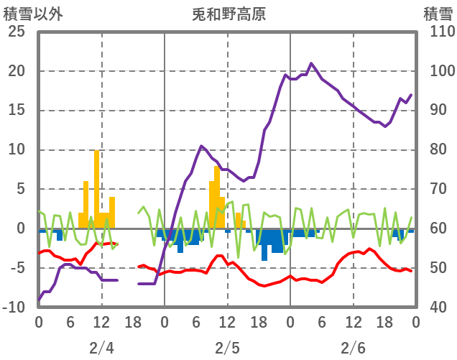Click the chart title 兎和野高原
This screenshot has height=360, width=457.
228,14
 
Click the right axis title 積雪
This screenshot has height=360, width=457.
437,14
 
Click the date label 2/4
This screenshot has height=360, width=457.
101,349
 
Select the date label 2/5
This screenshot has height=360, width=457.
227,349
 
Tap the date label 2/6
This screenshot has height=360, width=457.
353,349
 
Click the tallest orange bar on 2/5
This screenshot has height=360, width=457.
217,198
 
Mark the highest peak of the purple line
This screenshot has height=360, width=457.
311,63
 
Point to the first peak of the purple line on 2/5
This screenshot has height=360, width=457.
201,147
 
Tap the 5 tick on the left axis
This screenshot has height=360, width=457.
20,190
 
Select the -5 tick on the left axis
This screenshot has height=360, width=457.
17,268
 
